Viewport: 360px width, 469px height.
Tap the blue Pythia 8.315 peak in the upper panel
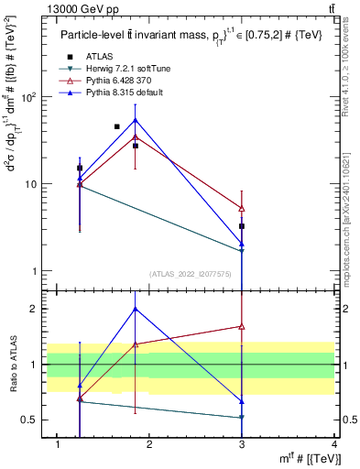[x=136, y=120]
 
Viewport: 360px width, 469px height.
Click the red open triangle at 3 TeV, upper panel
[x=242, y=209]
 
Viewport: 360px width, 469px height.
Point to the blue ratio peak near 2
[x=136, y=309]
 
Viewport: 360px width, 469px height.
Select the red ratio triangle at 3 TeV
[x=242, y=326]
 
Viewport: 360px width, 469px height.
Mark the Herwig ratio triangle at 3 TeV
[x=242, y=418]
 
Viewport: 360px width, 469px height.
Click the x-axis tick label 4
[x=334, y=444]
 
